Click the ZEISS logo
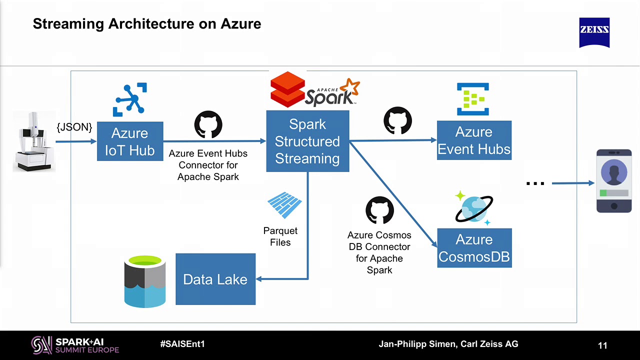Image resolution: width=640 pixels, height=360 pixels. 594,32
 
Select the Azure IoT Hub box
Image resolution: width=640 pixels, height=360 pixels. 130,141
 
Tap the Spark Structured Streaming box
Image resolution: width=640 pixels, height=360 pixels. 307,141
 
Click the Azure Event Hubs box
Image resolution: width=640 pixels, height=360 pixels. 474,140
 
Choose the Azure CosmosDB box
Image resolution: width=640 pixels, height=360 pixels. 474,248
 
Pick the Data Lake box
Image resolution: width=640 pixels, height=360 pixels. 215,279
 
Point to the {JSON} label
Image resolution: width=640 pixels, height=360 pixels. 74,127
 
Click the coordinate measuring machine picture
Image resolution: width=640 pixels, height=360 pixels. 33,141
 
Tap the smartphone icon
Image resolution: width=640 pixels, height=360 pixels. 614,180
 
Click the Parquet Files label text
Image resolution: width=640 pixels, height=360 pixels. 280,236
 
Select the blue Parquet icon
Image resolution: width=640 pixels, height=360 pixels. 284,205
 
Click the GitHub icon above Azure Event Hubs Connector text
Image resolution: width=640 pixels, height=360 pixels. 208,124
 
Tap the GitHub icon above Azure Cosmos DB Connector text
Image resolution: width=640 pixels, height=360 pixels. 379,210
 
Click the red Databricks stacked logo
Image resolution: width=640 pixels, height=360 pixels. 287,89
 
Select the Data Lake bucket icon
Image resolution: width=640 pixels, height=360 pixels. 144,281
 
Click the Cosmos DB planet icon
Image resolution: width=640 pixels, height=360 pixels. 473,208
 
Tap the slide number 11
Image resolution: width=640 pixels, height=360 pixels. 602,345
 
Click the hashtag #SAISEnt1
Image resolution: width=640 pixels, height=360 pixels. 182,344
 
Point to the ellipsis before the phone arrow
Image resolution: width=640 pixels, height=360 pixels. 535,183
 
